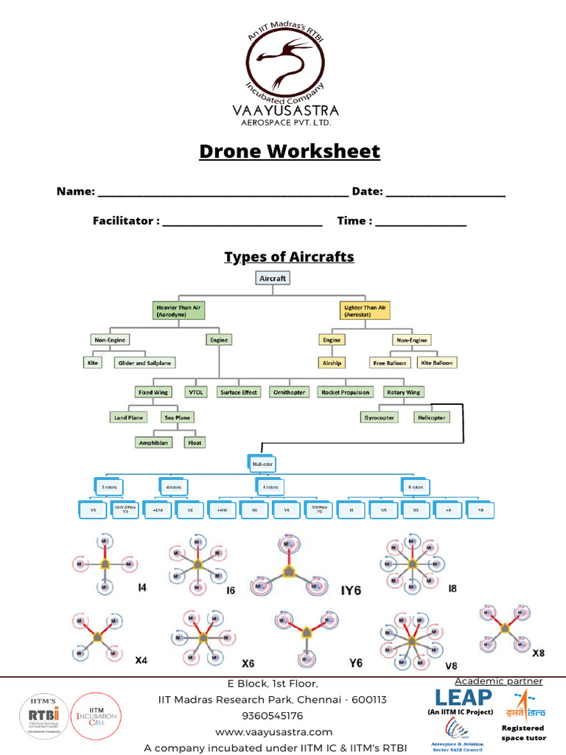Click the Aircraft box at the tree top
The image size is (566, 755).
click(x=272, y=279)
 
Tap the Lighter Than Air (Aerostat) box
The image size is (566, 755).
click(x=366, y=310)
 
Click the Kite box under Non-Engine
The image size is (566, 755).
click(x=92, y=363)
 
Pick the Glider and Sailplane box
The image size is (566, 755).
click(x=145, y=363)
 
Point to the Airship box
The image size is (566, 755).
click(x=332, y=363)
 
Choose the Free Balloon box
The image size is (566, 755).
click(x=390, y=363)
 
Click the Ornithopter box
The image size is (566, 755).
click(x=290, y=392)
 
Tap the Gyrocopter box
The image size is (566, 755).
click(x=380, y=417)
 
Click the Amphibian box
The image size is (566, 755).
click(x=154, y=442)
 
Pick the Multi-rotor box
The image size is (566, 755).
click(x=262, y=463)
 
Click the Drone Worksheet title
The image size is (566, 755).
click(x=290, y=152)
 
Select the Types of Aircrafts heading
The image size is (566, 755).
click(x=289, y=257)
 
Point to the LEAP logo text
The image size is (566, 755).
click(x=463, y=697)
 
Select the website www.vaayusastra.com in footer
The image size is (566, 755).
click(x=274, y=732)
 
